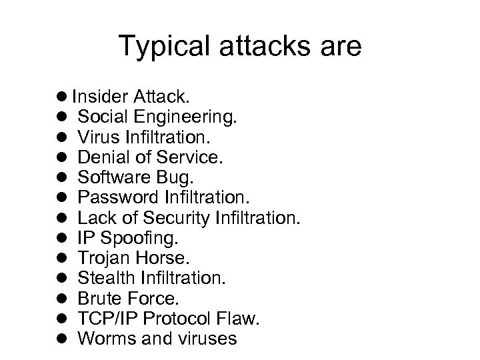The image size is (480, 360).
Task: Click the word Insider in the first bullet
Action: point(97,96)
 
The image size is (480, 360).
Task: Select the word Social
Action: point(101,118)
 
